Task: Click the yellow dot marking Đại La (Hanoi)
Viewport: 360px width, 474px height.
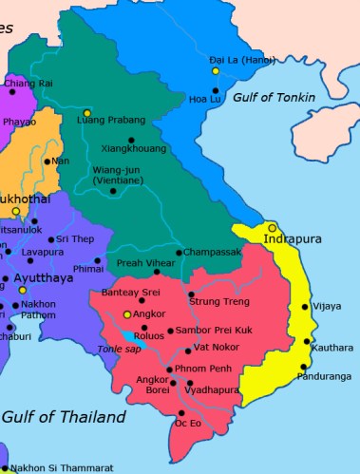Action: click(x=216, y=71)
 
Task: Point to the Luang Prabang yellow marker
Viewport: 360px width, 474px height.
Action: click(x=87, y=112)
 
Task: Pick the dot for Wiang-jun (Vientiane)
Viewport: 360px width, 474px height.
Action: click(x=113, y=191)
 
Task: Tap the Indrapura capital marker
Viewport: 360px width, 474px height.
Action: click(x=272, y=228)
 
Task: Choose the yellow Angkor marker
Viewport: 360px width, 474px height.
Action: click(x=127, y=313)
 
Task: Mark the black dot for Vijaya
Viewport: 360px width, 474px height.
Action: click(x=304, y=307)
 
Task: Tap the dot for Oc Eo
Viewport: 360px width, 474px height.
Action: click(x=181, y=412)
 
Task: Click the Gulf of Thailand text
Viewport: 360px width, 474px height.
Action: click(x=64, y=417)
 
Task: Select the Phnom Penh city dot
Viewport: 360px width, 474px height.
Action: click(x=170, y=369)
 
